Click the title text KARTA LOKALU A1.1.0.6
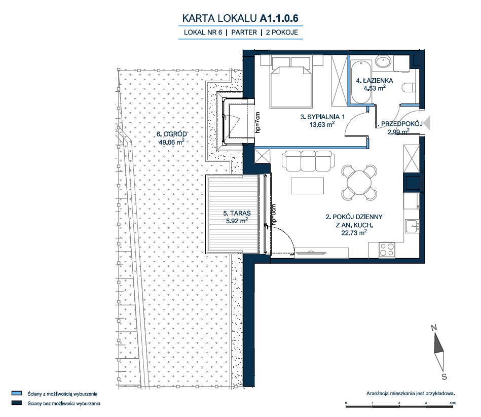pos(240,18)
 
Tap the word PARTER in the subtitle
pos(244,32)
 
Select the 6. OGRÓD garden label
pos(171,134)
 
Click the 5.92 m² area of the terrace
pos(237,221)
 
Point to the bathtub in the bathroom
pos(361,82)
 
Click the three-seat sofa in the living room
pos(308,161)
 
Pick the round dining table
pos(359,183)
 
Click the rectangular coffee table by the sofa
pos(307,186)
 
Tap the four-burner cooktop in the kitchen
pos(387,250)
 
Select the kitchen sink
pos(412,227)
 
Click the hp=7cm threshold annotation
pos(257,123)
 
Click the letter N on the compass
pos(434,328)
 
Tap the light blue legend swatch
pos(17,393)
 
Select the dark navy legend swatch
pos(17,403)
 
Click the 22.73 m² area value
pos(354,233)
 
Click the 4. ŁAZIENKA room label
pos(374,81)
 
